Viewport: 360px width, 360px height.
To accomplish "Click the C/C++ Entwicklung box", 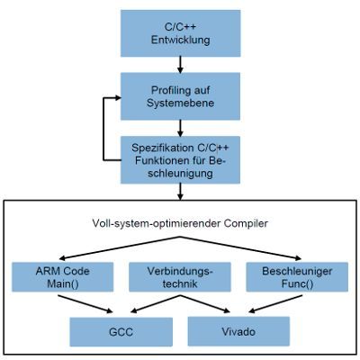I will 183,32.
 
